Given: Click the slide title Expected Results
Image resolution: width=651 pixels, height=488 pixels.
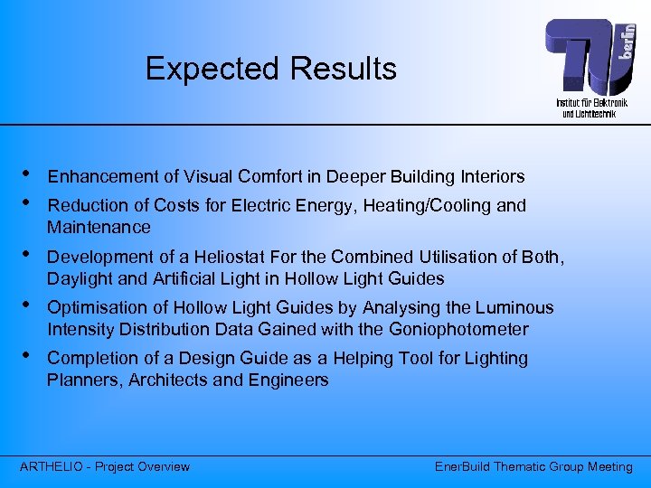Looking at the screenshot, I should click(x=270, y=69).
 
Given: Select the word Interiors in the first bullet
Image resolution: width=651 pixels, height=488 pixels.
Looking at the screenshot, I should click(x=492, y=176).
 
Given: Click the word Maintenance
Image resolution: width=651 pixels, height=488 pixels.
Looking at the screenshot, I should click(x=99, y=227).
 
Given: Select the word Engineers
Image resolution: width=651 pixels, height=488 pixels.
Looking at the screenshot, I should click(x=290, y=380).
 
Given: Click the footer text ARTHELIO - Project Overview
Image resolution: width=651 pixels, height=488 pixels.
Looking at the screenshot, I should click(x=105, y=466).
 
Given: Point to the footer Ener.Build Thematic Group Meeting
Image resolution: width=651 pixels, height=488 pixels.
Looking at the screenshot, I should click(x=533, y=466).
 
